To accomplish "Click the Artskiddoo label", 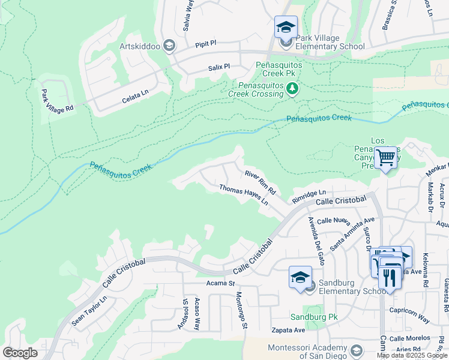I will pos(139,46).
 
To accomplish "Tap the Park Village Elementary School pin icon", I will pos(286,27).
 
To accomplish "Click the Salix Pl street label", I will pos(219,67).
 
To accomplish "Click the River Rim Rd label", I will pos(260,182).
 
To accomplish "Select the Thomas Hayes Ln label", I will pos(243,195).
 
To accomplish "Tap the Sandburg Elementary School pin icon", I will pos(300,277).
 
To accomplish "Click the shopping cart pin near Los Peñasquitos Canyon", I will pos(386,158).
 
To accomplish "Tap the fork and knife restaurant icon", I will pos(390,278).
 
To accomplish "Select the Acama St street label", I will pos(219,283).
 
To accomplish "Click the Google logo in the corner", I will pos(20,353).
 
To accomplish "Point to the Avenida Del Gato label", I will pos(316,241).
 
